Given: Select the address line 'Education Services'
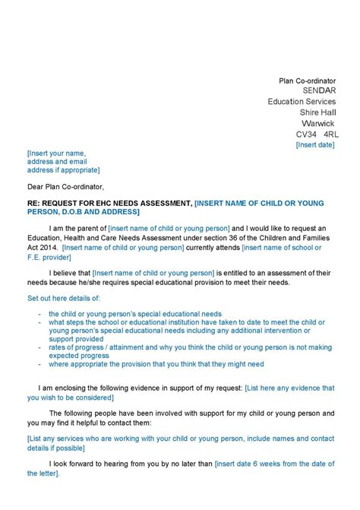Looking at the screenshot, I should pos(302,101).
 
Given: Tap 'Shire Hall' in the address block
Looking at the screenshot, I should pos(317,112).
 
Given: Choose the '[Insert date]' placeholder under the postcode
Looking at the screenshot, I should pos(315,144).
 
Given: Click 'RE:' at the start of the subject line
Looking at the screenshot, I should pos(34,203).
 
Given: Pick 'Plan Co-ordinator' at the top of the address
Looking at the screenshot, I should pos(307,80).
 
